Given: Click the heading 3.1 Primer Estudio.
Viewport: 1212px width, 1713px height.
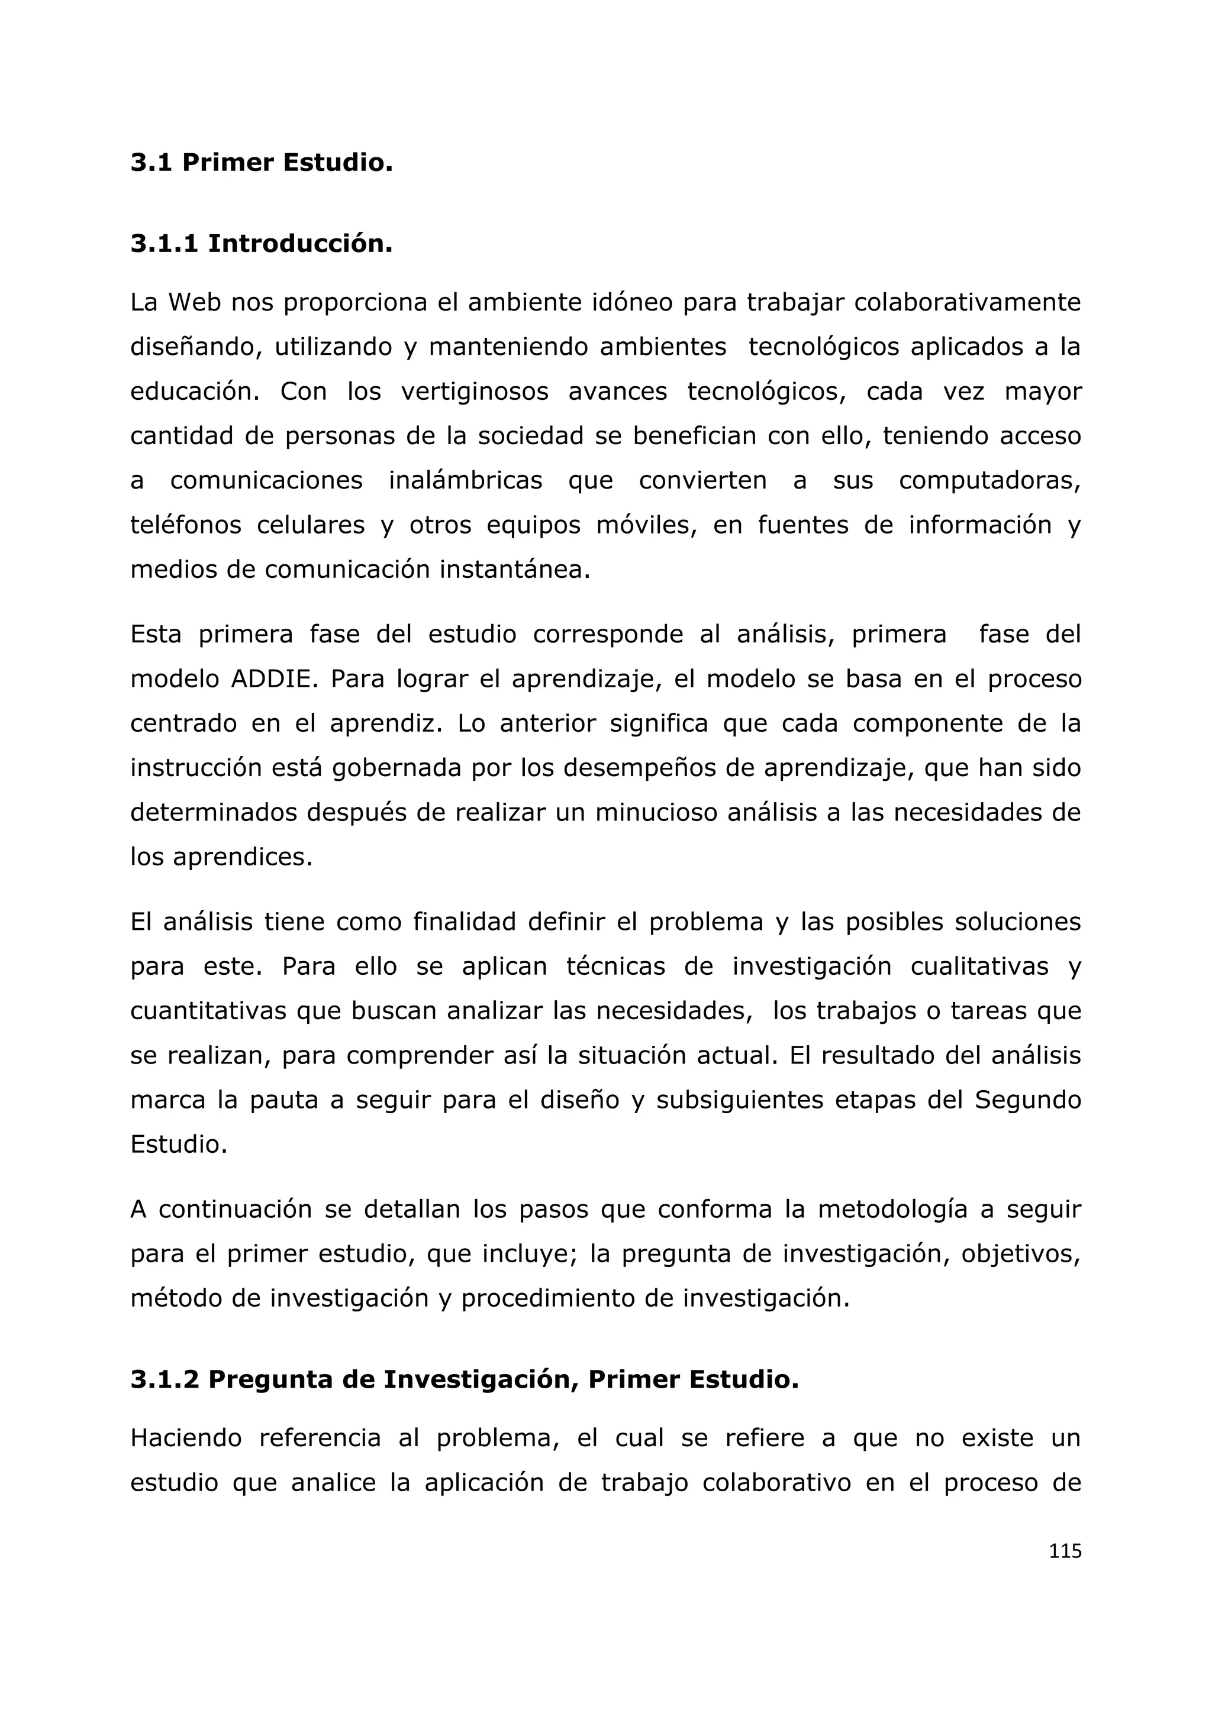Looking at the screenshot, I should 261,163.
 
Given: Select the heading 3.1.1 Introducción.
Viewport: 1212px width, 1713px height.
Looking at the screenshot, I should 261,243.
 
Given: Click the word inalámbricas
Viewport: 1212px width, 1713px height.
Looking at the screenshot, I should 465,480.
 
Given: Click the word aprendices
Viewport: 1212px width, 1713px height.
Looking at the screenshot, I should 242,857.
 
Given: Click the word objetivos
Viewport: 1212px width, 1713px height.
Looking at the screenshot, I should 1020,1254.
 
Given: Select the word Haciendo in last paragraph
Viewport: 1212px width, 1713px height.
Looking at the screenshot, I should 186,1438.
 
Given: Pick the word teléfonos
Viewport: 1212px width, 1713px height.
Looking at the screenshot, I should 186,525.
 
